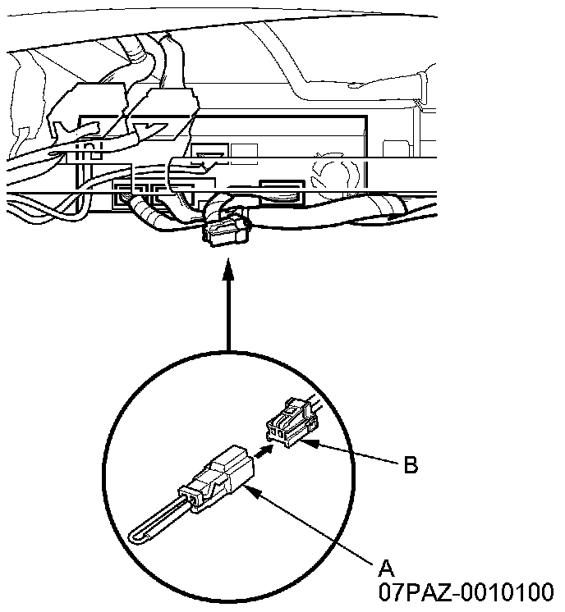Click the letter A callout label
click(387, 566)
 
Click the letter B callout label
click(410, 465)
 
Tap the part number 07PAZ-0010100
click(466, 591)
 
